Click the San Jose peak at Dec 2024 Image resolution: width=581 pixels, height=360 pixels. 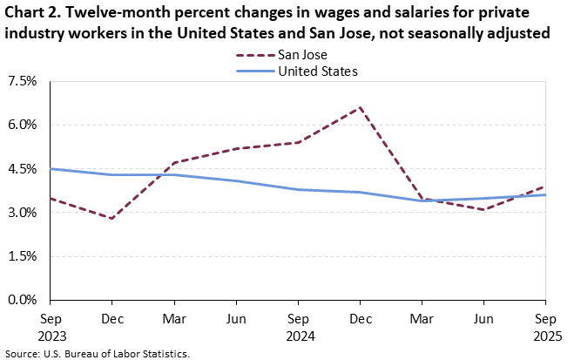click(361, 107)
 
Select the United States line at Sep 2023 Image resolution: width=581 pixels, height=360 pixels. click(50, 169)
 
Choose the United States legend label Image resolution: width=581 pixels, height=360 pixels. click(318, 71)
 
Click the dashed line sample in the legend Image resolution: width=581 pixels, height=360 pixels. click(253, 55)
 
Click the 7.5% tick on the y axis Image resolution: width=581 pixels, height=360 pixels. click(22, 81)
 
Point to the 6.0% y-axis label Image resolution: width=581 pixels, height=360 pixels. click(22, 125)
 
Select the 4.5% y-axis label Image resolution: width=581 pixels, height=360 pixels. click(22, 169)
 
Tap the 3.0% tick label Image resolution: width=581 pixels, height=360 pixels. click(22, 213)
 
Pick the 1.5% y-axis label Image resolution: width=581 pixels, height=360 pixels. click(22, 256)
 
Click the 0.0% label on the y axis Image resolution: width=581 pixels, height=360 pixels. click(22, 300)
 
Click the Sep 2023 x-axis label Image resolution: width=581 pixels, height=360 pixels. click(50, 326)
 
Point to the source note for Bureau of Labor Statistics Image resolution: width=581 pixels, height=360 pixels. click(96, 353)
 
